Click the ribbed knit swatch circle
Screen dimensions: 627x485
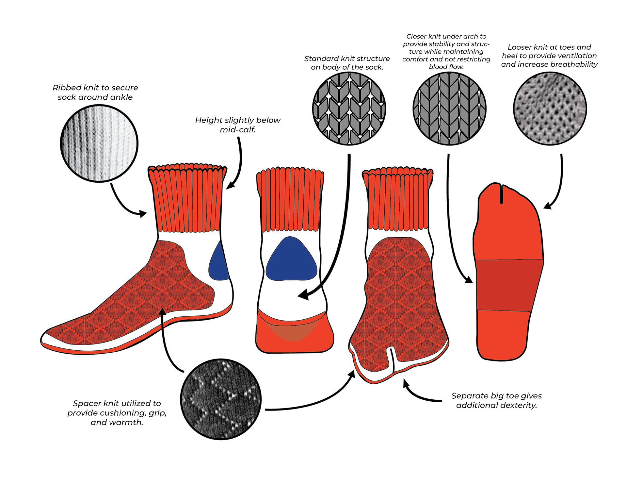(x=99, y=143)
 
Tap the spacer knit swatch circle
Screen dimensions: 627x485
(x=221, y=399)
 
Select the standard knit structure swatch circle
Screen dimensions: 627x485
(x=349, y=109)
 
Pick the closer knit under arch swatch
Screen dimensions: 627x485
(x=449, y=109)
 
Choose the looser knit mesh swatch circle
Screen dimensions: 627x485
(x=550, y=109)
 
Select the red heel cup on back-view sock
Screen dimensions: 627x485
(x=294, y=337)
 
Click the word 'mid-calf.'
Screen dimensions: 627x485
(x=237, y=130)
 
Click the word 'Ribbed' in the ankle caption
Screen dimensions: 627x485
(x=67, y=88)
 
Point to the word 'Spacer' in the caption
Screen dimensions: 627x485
(x=87, y=403)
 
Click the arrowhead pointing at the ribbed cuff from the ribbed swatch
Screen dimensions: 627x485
(x=143, y=214)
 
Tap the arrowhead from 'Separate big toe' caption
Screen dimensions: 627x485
(x=406, y=383)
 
